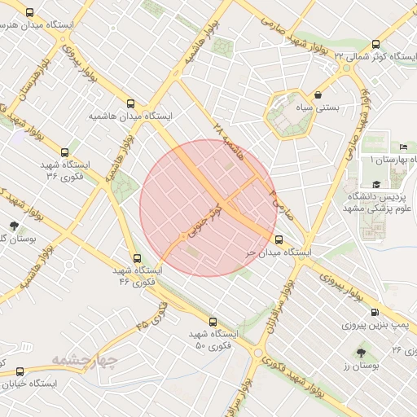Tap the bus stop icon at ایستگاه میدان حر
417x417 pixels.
click(279, 240)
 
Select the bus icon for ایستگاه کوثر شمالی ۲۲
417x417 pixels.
click(375, 45)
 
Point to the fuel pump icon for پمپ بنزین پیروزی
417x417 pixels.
click(374, 312)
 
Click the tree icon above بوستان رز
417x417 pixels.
click(361, 353)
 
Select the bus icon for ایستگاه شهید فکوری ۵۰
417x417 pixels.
click(213, 322)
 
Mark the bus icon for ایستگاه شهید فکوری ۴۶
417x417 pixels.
click(136, 258)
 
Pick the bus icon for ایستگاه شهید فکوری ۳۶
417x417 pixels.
click(65, 151)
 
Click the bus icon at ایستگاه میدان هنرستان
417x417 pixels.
click(30, 13)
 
